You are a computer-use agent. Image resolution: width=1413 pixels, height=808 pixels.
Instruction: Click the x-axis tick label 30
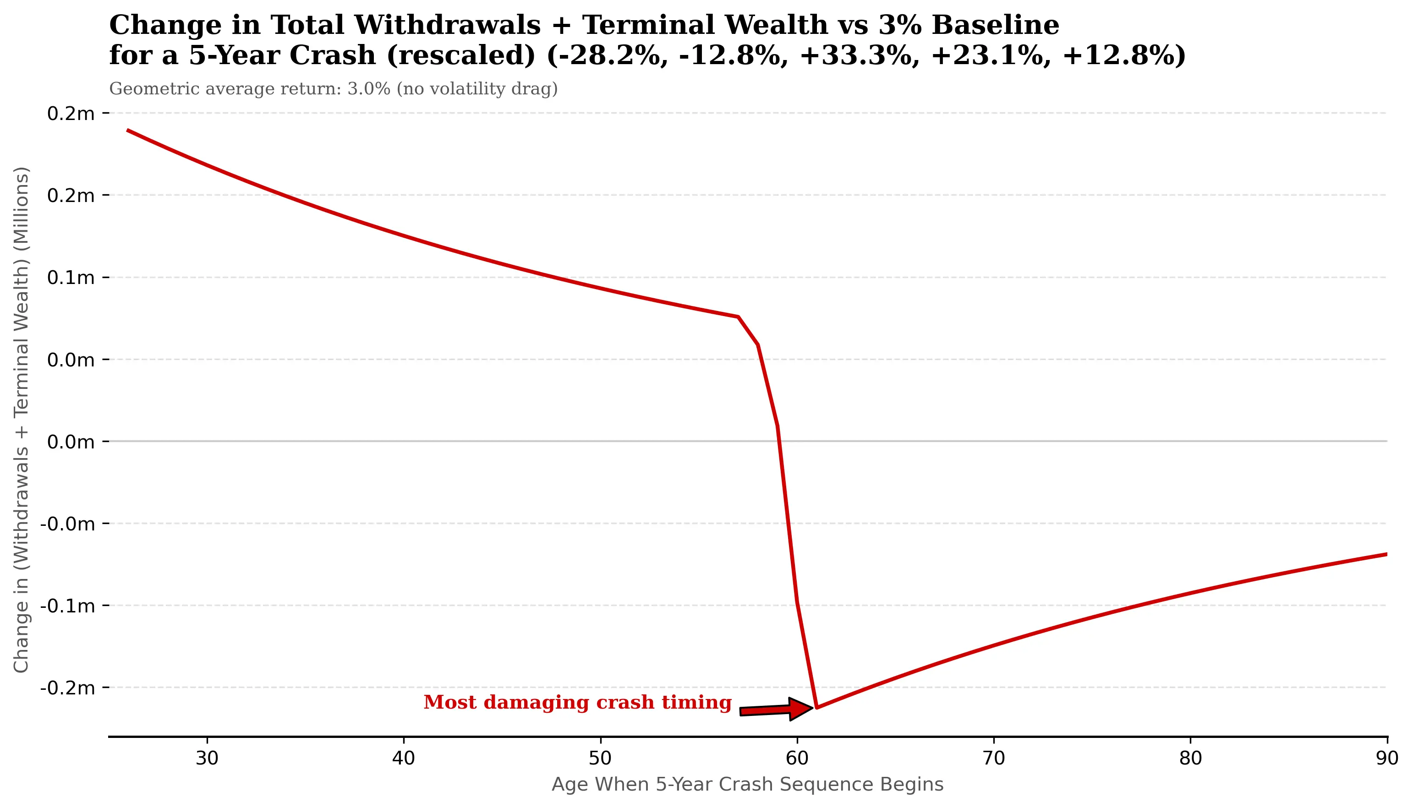coord(207,758)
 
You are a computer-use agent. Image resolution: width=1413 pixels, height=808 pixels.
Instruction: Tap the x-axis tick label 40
coord(404,758)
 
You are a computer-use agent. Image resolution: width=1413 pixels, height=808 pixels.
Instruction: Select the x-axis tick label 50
coord(600,758)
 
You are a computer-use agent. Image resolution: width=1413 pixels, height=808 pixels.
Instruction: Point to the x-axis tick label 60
coord(797,758)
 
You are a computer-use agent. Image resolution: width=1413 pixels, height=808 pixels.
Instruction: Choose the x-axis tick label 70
coord(993,758)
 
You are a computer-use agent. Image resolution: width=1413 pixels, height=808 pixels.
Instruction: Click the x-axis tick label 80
coord(1190,758)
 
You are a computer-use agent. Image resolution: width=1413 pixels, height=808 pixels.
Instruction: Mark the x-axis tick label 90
coord(1386,758)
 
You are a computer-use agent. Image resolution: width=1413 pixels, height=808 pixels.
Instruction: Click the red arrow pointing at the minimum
coord(777,709)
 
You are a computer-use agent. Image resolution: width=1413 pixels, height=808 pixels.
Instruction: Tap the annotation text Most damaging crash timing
coord(577,703)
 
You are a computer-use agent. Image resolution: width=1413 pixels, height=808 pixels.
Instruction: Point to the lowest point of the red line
coord(816,708)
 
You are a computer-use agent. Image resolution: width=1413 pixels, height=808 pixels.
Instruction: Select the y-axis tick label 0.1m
coord(71,278)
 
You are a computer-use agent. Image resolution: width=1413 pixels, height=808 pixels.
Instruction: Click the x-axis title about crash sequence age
coord(747,785)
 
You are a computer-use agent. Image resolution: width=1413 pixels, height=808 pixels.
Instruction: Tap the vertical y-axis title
coord(21,420)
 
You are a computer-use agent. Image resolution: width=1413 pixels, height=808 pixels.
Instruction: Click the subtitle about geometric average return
coord(333,89)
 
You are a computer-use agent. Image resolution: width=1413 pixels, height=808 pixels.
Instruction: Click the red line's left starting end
coord(128,131)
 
